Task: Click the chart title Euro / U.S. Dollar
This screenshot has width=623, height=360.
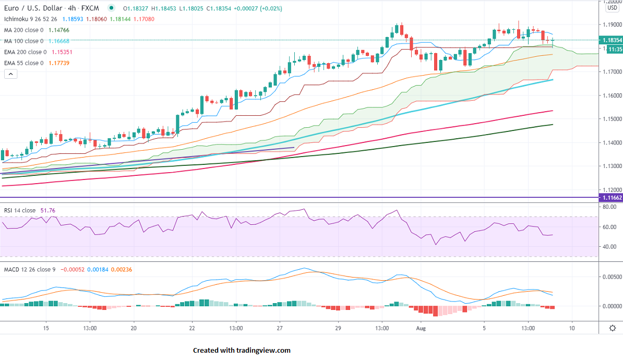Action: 32,8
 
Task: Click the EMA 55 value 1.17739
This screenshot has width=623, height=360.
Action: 59,63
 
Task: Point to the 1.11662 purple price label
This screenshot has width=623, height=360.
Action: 612,198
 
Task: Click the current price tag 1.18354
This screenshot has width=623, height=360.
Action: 612,40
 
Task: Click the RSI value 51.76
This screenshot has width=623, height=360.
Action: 47,210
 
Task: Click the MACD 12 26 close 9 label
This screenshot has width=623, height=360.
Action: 30,269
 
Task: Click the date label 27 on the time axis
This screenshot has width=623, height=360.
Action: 280,328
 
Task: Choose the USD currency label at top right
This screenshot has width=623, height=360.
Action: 612,8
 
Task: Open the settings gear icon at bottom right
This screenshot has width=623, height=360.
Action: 613,328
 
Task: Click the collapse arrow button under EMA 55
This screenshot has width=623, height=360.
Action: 10,74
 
